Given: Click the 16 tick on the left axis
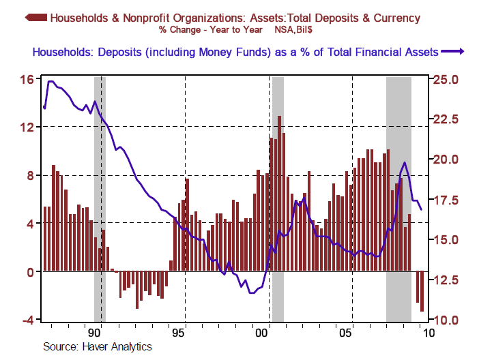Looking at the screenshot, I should [26, 79].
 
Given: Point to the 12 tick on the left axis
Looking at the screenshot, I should [26, 127].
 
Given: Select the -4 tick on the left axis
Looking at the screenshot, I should [25, 320].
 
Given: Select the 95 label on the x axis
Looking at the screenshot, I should [178, 333].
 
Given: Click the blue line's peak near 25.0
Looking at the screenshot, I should [50, 81].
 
